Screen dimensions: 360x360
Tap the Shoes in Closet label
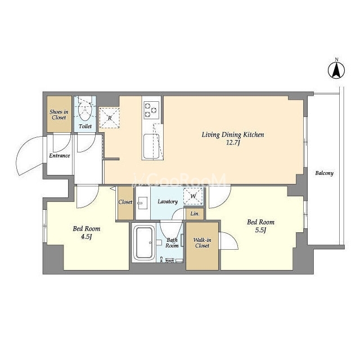pos(59,115)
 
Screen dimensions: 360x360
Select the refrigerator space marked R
pos(110,118)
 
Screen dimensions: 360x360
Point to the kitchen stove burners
pos(151,110)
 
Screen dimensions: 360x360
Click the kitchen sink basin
pos(151,146)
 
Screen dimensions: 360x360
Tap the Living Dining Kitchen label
pos(233,134)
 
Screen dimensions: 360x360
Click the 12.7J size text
pos(233,143)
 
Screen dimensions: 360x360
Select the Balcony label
pos(324,173)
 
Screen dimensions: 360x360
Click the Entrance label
pos(60,156)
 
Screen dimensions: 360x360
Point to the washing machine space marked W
pos(193,196)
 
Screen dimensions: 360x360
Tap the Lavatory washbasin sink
pos(142,203)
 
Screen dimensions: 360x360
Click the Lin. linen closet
pos(195,214)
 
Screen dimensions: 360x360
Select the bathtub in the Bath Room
pos(144,242)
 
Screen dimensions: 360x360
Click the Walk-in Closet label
pos(202,242)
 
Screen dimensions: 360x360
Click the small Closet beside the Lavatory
pos(125,203)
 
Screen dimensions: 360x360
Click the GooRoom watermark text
pos(179,179)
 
